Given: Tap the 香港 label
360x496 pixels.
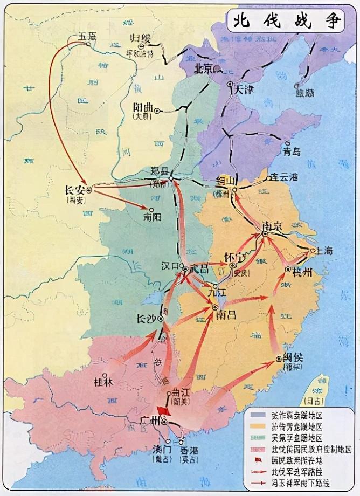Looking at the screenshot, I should [x=189, y=451].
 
